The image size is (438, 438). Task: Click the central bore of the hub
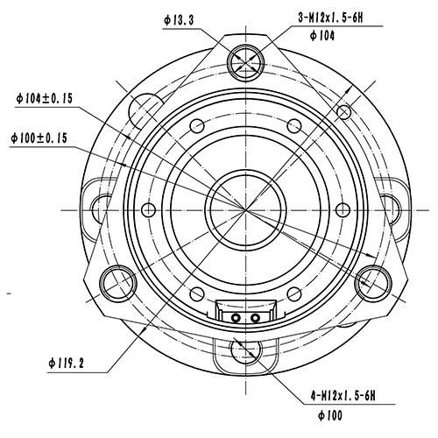pos(244,208)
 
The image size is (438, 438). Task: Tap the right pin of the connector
pos(255,318)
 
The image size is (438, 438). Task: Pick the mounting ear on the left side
pos(95,210)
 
